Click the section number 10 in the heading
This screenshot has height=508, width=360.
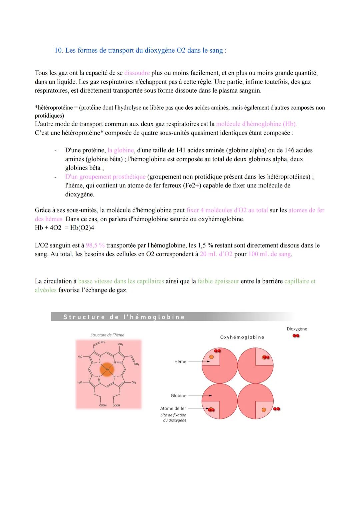(58, 50)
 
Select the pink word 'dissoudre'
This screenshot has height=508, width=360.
(137, 73)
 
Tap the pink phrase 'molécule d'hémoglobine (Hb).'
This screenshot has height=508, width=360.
(256, 124)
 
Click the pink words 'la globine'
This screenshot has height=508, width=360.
(121, 150)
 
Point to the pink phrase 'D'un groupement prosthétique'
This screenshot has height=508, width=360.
(105, 177)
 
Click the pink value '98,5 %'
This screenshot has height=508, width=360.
(95, 246)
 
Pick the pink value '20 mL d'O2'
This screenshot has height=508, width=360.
(216, 254)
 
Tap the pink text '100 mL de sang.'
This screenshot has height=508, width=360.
(270, 254)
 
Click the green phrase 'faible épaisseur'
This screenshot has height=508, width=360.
(218, 281)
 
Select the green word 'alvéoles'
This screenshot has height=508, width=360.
(46, 290)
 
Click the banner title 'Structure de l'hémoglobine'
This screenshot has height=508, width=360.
(124, 317)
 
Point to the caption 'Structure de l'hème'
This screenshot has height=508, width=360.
(107, 335)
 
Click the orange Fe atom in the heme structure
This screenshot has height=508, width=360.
(107, 369)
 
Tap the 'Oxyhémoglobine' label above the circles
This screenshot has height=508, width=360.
(242, 337)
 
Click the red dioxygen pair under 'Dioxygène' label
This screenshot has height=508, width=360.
(296, 336)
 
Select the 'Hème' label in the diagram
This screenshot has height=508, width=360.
(180, 361)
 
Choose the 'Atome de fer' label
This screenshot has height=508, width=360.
(173, 408)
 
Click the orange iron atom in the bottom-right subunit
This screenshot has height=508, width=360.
(264, 409)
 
